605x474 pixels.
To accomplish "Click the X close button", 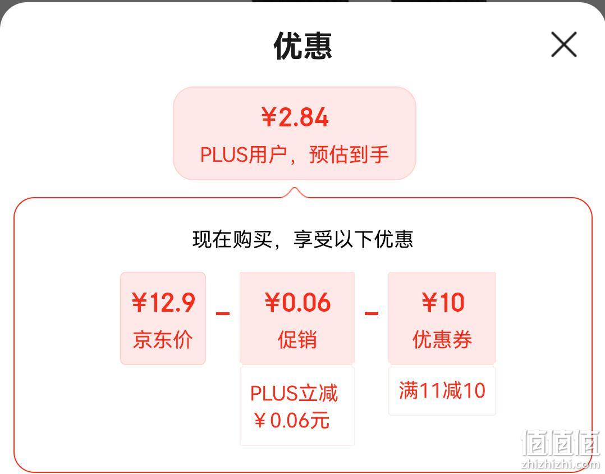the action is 563,44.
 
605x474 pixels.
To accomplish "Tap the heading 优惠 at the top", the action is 303,45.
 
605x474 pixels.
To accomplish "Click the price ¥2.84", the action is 295,117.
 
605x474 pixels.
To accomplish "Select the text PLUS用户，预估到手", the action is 295,154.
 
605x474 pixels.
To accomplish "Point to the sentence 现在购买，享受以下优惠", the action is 302,239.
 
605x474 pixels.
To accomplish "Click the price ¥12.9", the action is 163,302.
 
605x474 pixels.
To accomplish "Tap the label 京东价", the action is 163,340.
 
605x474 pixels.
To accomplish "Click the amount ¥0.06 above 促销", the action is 297,302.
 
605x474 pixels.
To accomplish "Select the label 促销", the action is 297,340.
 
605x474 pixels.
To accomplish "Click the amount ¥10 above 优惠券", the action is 443,302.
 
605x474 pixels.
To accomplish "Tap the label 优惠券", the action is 442,340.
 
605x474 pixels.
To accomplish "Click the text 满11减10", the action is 442,390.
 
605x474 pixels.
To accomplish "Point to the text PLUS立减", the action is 294,393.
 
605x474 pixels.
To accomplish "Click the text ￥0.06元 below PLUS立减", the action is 292,420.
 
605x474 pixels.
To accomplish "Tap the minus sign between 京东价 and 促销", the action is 223,313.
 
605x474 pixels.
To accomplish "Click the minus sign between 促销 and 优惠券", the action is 371,313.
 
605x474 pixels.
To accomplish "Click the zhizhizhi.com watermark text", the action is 560,464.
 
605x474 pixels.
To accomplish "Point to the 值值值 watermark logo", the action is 561,443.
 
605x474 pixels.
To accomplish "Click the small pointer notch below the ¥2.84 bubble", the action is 295,192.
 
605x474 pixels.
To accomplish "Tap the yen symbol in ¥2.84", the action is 268,117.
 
